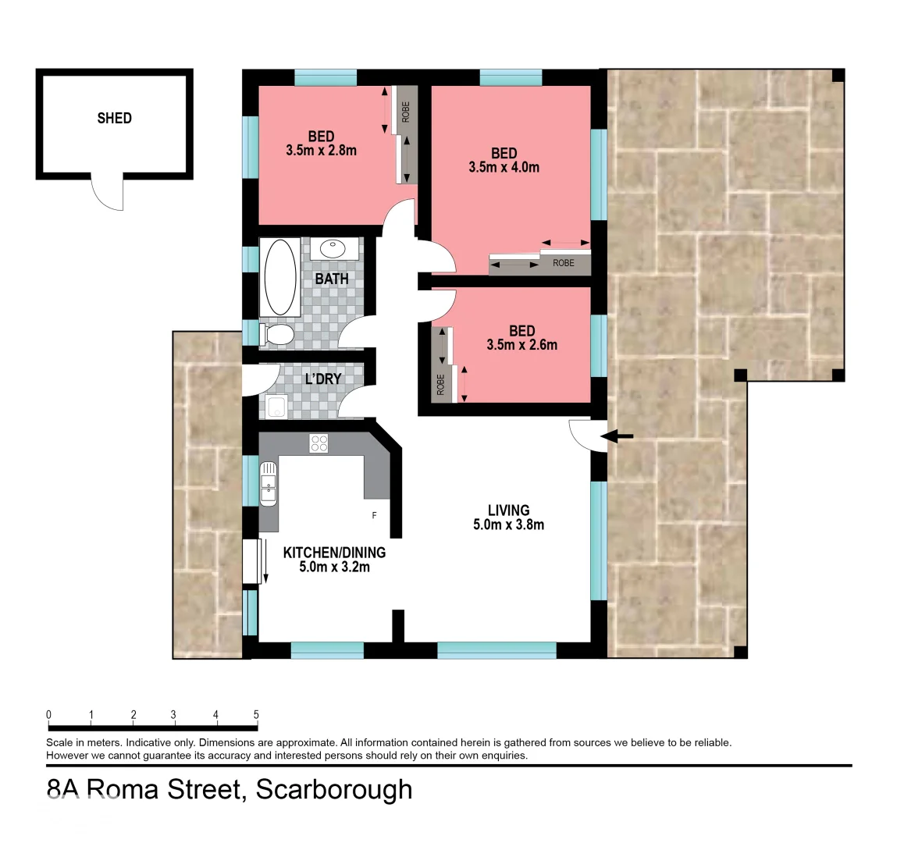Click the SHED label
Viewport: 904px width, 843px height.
click(x=114, y=119)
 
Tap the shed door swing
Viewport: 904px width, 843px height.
click(x=109, y=194)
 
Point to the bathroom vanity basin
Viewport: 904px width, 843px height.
click(x=335, y=249)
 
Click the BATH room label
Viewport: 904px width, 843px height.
click(x=332, y=279)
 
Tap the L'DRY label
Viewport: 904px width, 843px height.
click(x=322, y=379)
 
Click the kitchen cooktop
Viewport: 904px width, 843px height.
click(x=319, y=443)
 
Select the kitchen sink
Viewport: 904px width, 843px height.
click(x=268, y=482)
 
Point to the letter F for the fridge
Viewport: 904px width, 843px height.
click(x=375, y=516)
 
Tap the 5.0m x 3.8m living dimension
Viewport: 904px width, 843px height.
click(x=508, y=525)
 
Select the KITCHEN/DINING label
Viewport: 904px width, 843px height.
click(x=334, y=553)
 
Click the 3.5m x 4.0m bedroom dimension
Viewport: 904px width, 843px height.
click(x=504, y=167)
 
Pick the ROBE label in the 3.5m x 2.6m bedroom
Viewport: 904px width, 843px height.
click(x=440, y=385)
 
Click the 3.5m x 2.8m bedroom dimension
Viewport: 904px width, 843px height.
click(x=321, y=151)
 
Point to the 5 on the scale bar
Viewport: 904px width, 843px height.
click(x=256, y=715)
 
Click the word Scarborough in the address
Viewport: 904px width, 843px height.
click(x=334, y=789)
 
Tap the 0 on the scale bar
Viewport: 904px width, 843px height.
click(x=48, y=715)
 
